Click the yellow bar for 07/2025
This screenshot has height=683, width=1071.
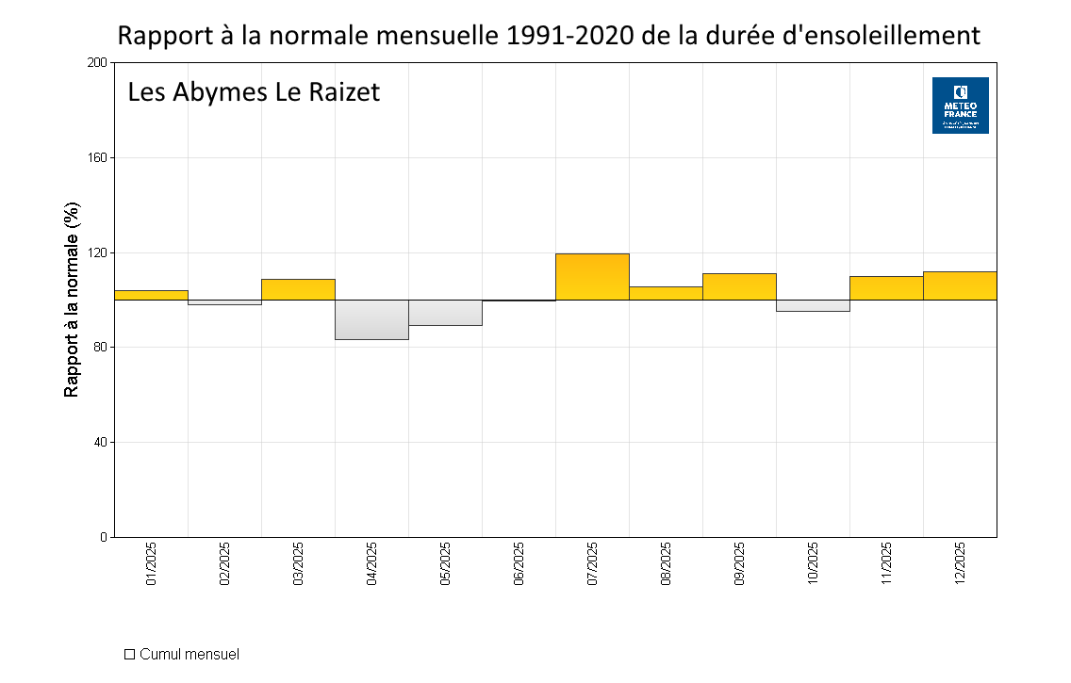[592, 277]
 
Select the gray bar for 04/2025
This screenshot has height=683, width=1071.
[371, 319]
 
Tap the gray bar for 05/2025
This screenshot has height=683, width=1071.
[445, 313]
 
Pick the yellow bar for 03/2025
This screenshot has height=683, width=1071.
[298, 289]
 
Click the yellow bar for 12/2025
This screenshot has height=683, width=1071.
[960, 285]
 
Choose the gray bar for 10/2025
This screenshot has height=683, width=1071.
[813, 305]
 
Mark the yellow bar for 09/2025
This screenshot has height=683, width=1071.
[739, 286]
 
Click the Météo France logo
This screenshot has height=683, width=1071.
[960, 106]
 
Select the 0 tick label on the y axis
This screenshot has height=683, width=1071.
[104, 537]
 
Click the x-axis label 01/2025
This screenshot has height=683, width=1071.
[152, 563]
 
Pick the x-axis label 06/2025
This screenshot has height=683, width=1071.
[519, 563]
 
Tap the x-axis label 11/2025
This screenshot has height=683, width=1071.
[886, 563]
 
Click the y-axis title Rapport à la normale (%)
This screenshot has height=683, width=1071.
[71, 300]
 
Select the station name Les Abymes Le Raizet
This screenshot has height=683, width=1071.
[254, 92]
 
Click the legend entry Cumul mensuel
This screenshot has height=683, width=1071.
[189, 654]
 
